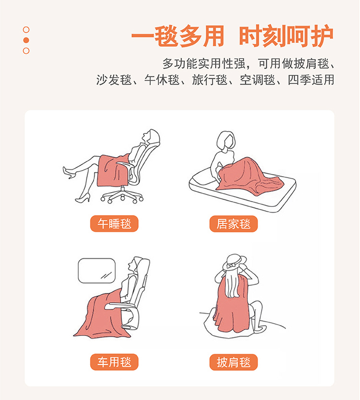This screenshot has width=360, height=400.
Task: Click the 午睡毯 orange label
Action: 114,224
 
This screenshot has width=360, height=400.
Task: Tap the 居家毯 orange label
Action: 234,224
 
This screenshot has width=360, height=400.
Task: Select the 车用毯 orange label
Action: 114,362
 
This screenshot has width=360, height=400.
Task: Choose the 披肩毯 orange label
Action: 234,362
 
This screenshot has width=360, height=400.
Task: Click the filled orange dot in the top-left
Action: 26,40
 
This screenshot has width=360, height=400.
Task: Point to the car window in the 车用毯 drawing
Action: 96,271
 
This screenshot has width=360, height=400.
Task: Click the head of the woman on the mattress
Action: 226,141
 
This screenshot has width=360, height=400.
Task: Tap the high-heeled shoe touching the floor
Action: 83,198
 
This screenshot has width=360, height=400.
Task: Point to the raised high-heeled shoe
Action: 68,172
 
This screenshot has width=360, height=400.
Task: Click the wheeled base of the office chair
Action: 122,195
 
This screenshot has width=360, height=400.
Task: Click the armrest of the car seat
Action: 120,305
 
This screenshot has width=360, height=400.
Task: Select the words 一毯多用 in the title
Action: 178,36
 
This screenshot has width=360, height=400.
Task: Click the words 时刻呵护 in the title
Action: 286,36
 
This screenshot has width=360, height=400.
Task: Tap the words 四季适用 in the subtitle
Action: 311,80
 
